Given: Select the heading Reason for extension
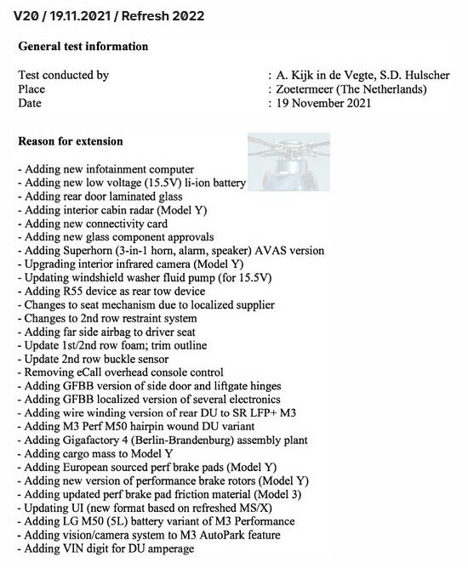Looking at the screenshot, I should click(x=71, y=141).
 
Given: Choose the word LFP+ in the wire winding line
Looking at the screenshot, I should click(x=268, y=413).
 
